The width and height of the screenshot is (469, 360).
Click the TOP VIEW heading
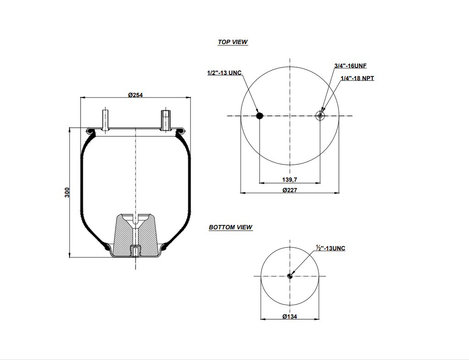coord(233,42)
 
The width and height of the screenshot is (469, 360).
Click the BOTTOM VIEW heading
coord(230,227)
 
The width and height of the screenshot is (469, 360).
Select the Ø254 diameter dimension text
coord(136,94)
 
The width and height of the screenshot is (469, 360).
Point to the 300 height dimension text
coord(67,192)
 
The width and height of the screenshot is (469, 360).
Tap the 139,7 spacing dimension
coord(289,180)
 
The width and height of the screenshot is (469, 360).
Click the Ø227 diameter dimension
coord(289,190)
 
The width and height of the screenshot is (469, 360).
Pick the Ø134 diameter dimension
coord(289,316)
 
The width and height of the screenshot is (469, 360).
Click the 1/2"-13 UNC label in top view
coord(224,73)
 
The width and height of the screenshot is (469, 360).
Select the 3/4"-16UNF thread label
coord(350,66)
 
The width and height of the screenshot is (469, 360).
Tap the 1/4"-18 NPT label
coord(357,78)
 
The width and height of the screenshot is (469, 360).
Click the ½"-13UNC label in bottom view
coord(330,248)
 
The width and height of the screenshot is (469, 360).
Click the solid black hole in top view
coord(260,116)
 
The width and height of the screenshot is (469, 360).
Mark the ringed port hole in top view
coord(320,116)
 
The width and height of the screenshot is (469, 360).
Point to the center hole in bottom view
coord(289,276)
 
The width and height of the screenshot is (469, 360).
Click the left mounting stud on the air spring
coord(105,120)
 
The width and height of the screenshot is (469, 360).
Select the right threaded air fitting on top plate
coord(165,120)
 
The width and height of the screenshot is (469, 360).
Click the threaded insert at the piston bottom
coord(136,251)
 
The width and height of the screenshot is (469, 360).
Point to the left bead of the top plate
coord(90,132)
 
